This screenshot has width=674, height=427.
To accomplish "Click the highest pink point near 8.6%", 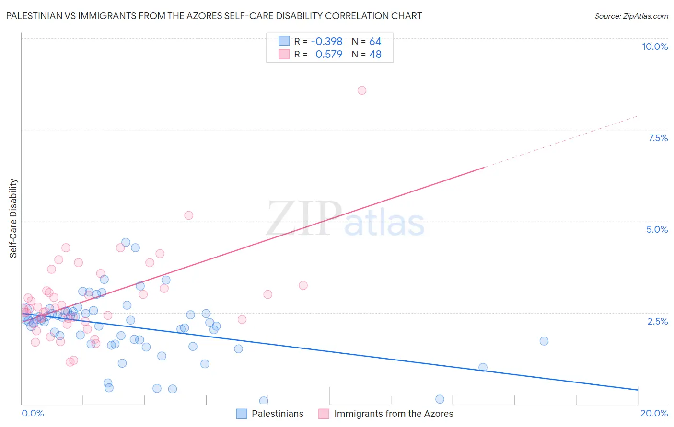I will coord(362,90).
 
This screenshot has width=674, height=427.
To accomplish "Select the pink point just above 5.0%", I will coord(189,215).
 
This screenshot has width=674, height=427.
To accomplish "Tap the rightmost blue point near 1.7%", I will coord(544,341).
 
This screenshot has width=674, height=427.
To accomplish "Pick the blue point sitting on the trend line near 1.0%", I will coord(483,367).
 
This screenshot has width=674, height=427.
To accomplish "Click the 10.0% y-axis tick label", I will coord(654,46).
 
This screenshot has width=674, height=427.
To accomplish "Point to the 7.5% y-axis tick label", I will coord(658,138).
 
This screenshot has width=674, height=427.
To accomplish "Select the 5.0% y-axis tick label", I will coord(657,229).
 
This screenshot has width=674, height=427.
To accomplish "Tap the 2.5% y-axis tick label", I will coord(657,321).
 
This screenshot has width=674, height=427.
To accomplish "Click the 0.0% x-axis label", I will coord(33,413).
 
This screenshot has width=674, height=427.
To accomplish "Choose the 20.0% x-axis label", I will coord(654,413).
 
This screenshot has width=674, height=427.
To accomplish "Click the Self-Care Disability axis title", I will coord(13,218).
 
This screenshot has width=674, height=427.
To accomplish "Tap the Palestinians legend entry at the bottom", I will coord(277,414).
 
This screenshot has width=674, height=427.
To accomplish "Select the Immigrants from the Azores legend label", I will coord(393,414).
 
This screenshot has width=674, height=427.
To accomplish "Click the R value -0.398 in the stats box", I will coord(326,42).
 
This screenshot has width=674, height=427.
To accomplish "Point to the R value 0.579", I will coord(329,55).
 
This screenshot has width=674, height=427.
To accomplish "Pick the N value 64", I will coord(375,42).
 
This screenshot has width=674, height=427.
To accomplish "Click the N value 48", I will coord(375,55).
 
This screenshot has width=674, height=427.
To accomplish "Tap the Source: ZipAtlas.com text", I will coord(631,16).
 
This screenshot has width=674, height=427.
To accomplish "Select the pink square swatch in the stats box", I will coord(284,55).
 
